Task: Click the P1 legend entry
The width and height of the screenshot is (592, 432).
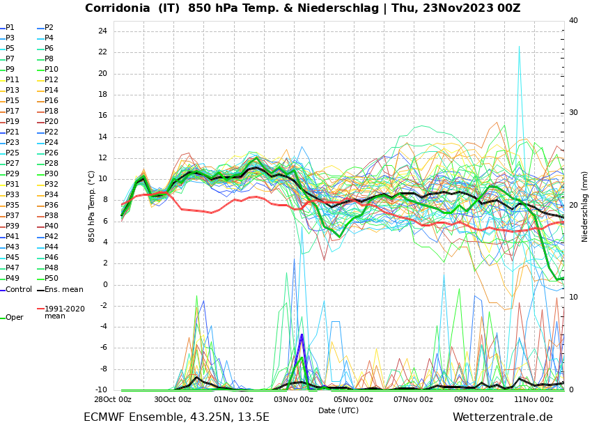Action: coord(10,28)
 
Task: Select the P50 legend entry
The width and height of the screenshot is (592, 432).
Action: coord(52,279)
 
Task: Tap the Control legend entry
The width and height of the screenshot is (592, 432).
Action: coord(18,290)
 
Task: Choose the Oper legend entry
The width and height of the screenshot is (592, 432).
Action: coord(14,318)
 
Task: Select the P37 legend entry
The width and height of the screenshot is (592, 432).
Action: coord(13,216)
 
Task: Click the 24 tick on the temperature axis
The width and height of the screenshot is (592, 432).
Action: coord(102,31)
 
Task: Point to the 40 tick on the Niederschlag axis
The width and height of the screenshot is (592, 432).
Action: coord(573,21)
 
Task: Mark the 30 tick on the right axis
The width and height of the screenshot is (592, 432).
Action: coord(573,113)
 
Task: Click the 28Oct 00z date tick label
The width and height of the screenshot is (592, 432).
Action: coord(113,400)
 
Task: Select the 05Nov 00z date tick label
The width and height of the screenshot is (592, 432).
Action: coord(353,400)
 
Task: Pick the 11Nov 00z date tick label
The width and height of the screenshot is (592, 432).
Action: coord(533,400)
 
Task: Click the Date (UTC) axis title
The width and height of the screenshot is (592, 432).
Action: coord(338,411)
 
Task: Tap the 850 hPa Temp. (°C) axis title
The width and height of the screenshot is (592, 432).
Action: coord(92,206)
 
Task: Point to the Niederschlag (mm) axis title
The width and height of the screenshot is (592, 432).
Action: coord(585,206)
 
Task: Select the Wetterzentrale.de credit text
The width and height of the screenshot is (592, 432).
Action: coord(502,417)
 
